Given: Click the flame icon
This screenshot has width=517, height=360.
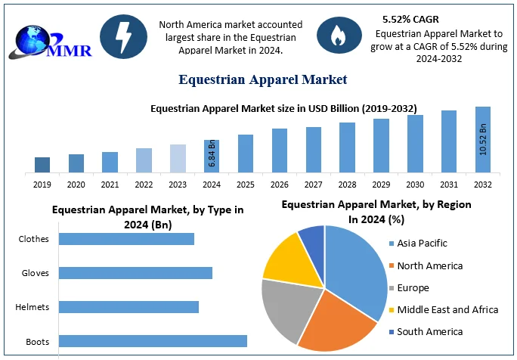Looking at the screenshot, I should coord(333,33).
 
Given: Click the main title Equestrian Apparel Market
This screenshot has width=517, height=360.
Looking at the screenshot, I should coord(262,79).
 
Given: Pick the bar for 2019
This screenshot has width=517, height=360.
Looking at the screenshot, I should coord(42,165).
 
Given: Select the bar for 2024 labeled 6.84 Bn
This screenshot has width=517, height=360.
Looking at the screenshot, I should coord(212,156).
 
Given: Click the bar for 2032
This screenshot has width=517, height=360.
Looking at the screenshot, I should coord(482,140).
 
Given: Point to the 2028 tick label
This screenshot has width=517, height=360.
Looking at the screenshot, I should coord(347,184).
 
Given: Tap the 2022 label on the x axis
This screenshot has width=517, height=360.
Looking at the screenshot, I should coord(144,184).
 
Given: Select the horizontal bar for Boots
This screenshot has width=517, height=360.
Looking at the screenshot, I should coord(153,341).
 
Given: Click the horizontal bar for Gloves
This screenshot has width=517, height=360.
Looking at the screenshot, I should coord(135,273).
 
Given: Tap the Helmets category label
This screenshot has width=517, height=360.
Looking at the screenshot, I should coord(33,307).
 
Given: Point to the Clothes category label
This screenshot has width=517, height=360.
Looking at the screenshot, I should coord(33,239).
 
